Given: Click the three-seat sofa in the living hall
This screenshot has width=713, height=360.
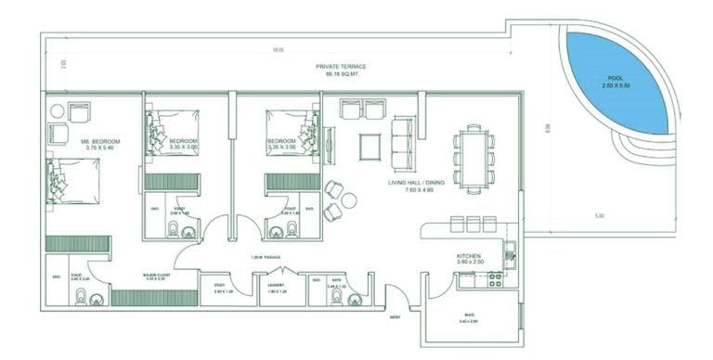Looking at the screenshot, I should click(x=405, y=140).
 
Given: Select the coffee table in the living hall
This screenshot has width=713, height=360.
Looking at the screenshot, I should click(x=370, y=145).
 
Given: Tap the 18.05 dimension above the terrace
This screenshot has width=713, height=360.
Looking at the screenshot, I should click(x=277, y=48).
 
